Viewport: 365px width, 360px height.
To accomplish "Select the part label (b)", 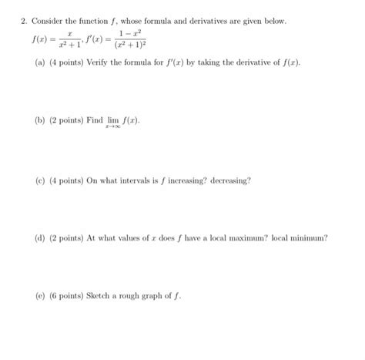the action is tap(41, 122).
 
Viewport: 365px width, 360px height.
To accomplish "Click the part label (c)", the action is tap(41, 180).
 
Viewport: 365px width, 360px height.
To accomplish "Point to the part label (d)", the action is tap(41, 238).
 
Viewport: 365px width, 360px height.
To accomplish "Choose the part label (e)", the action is tap(41, 296).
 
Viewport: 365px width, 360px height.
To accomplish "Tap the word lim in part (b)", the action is tap(112, 121).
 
